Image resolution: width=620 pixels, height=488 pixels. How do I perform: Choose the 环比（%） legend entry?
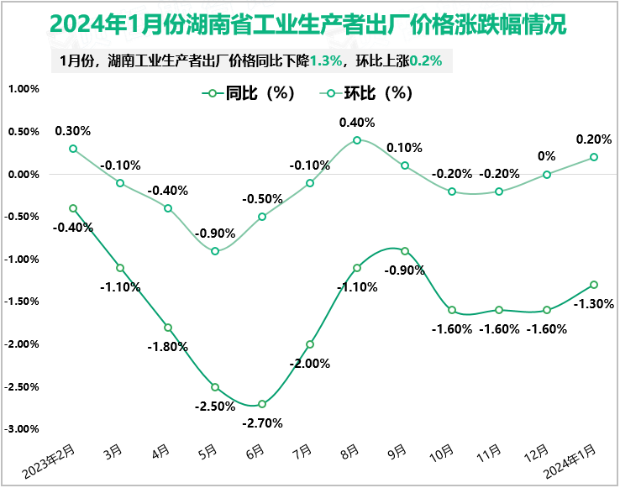pyautogui.click(x=370, y=93)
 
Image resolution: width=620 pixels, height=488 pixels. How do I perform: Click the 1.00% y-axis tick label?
pyautogui.click(x=24, y=89)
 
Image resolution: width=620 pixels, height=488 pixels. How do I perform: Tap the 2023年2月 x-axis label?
pyautogui.click(x=50, y=460)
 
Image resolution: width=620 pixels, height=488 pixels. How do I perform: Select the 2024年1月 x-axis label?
pyautogui.click(x=574, y=460)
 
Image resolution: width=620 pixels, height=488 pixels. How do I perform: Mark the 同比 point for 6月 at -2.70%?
pyautogui.click(x=262, y=404)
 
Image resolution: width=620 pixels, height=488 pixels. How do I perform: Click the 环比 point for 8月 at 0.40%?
pyautogui.click(x=357, y=140)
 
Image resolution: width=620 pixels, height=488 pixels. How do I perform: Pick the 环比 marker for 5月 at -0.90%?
pyautogui.click(x=215, y=251)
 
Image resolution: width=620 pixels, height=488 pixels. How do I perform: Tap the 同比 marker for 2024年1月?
pyautogui.click(x=594, y=285)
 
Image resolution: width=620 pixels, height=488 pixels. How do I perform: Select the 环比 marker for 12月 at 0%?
pyautogui.click(x=547, y=175)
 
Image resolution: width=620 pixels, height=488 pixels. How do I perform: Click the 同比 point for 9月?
pyautogui.click(x=405, y=251)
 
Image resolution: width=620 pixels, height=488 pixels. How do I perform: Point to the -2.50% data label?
pyautogui.click(x=215, y=407)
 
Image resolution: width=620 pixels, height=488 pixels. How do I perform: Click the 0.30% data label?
pyautogui.click(x=73, y=131)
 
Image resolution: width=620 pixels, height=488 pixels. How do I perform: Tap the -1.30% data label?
pyautogui.click(x=592, y=304)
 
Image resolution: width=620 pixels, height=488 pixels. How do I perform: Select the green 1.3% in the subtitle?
pyautogui.click(x=326, y=61)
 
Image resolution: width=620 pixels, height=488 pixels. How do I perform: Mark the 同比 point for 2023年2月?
pyautogui.click(x=73, y=208)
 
